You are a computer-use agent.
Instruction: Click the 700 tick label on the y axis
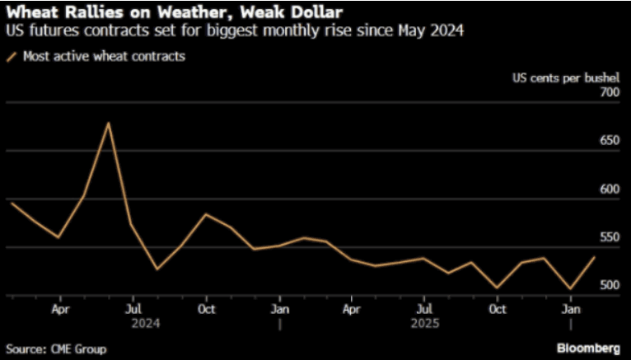point(608,92)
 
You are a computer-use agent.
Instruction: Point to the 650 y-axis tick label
point(608,141)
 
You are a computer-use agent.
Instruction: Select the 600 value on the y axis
point(608,189)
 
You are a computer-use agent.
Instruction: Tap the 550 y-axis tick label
point(608,237)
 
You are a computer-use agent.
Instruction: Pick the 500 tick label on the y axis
point(608,285)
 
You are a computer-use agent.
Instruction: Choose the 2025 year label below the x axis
point(423,324)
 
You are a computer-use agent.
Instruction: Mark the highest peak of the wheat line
point(109,123)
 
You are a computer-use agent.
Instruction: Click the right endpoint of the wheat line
point(594,257)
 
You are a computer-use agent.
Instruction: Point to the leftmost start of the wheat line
point(10,202)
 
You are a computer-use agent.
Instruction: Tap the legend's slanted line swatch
point(11,57)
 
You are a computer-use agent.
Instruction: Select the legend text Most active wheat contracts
point(104,57)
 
